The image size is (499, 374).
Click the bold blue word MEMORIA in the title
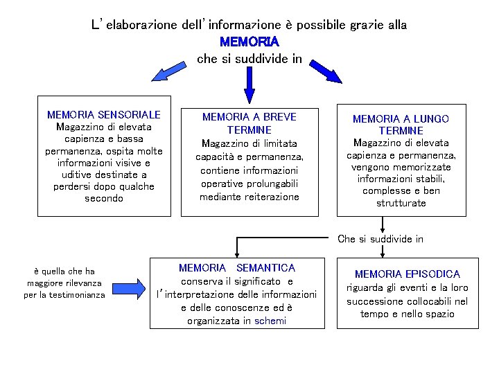click(x=249, y=42)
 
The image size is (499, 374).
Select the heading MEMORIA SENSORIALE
click(x=103, y=114)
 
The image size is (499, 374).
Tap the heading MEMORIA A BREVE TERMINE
click(x=249, y=123)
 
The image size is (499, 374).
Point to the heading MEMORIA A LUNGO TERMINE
click(x=401, y=125)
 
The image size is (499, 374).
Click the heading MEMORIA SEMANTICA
click(x=237, y=267)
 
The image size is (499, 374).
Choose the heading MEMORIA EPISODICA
click(x=407, y=274)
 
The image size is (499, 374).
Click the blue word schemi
click(x=270, y=321)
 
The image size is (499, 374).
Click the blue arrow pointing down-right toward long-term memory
click(x=331, y=72)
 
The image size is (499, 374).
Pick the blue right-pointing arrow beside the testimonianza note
click(x=139, y=284)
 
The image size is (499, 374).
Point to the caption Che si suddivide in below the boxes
click(x=380, y=239)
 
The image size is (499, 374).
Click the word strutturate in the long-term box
click(x=401, y=203)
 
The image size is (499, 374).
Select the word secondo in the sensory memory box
click(x=104, y=198)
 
